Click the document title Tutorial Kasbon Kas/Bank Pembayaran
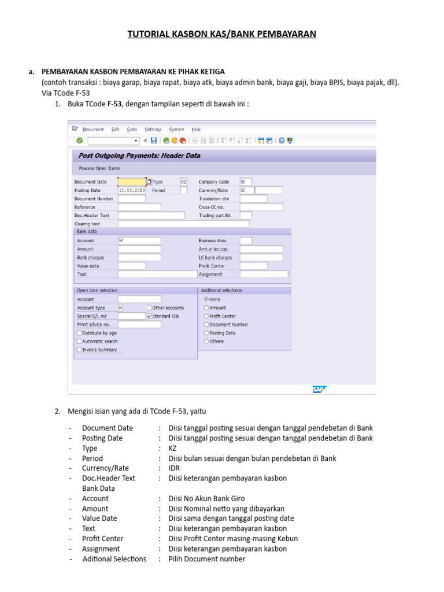point(222,34)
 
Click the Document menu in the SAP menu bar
point(92,129)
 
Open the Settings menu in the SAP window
point(153,129)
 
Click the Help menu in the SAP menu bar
point(196,129)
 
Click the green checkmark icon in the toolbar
point(79,140)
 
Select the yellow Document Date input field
point(131,182)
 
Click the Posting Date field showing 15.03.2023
point(132,190)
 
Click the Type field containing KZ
point(184,182)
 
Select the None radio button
point(206,299)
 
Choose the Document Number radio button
point(206,324)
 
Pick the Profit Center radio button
point(206,316)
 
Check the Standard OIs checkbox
point(149,316)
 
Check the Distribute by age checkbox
point(79,333)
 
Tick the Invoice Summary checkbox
point(79,350)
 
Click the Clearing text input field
point(183,224)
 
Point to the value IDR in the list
point(175,468)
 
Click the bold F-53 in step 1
point(114,103)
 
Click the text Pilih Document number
point(206,559)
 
